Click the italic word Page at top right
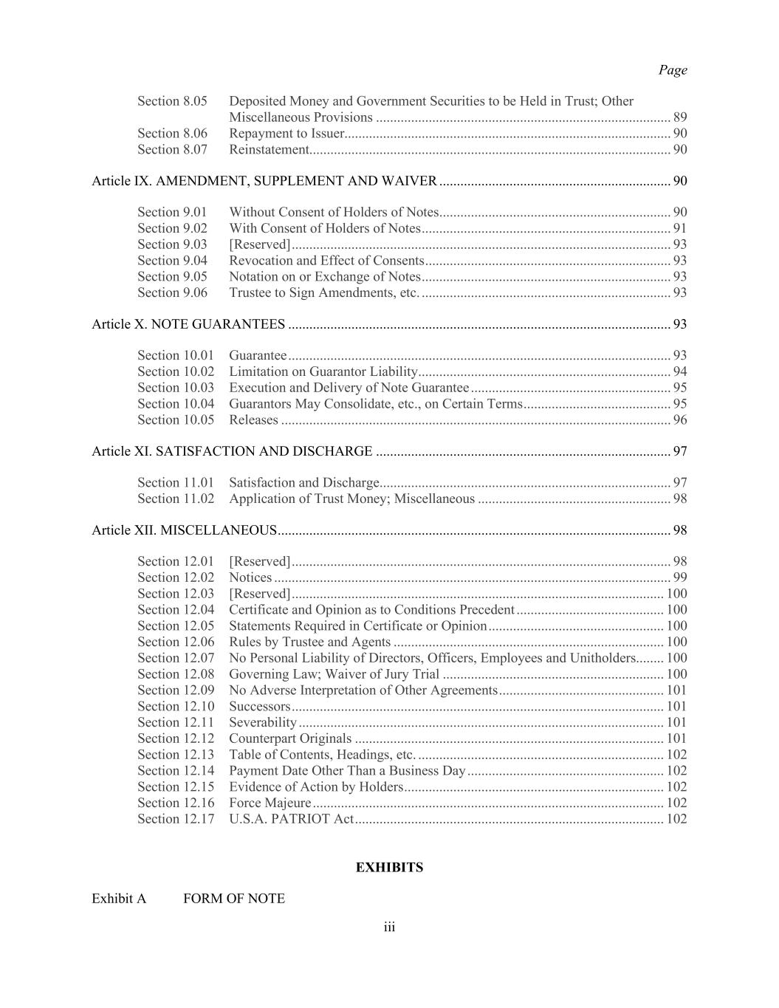pos(672,70)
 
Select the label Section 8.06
pos(172,134)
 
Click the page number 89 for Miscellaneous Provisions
pos(679,117)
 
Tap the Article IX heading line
pos(264,181)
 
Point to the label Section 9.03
pos(172,244)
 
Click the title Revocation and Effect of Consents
pos(326,261)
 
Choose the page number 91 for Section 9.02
pos(679,228)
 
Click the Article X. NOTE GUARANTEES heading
pos(188,324)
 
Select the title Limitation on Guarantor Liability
pos(323,371)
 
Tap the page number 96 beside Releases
pos(679,420)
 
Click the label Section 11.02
pos(176,498)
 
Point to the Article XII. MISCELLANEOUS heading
pos(184,530)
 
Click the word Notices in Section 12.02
pos(250,577)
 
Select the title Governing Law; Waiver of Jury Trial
pos(334,674)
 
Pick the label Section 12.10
pos(176,707)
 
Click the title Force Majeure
pos(270,803)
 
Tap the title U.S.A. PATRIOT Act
pos(291,819)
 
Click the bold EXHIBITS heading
pos(389,868)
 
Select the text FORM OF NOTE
pos(234,899)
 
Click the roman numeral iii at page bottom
pos(389,928)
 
